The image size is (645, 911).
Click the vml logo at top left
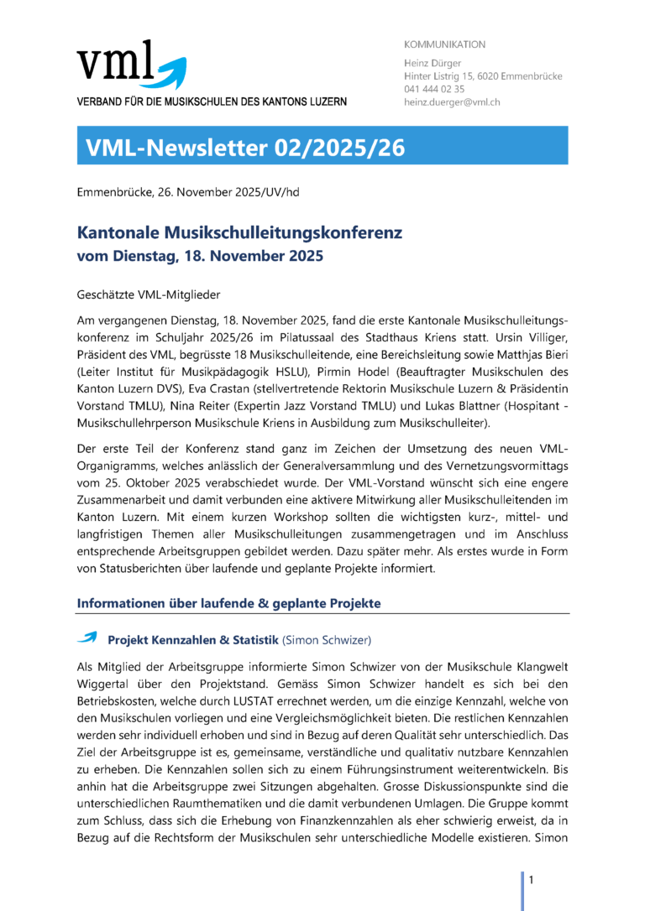(129, 65)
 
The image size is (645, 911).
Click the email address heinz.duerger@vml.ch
(452, 102)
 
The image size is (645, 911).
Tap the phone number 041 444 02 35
(434, 89)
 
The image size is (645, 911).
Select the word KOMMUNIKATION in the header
(444, 44)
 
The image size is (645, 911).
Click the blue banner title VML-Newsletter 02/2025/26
(245, 148)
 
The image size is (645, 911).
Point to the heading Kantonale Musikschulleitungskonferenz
(240, 232)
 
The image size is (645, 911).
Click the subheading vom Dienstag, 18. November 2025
(199, 257)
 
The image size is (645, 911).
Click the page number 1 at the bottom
(531, 879)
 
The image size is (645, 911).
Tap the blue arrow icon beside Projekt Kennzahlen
(87, 638)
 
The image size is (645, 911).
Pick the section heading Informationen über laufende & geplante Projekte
(229, 603)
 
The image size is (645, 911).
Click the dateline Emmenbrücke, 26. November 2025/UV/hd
(187, 192)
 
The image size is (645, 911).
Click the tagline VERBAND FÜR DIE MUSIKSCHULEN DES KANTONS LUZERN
(212, 102)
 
